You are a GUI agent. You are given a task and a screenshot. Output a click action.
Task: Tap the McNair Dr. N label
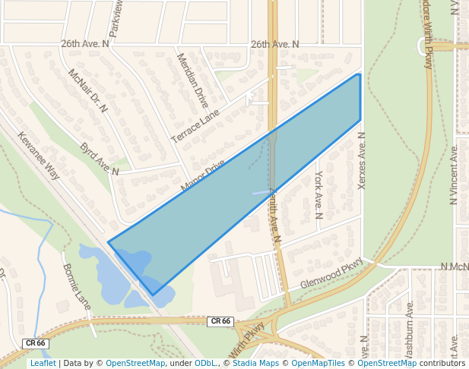[88, 91]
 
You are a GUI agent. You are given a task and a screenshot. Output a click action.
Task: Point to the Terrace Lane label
[195, 125]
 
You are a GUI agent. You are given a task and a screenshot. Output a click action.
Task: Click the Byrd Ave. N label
[100, 159]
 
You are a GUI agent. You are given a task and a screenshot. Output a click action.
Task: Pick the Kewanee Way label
[39, 155]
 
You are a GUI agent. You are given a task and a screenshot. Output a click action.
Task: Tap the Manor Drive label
[203, 175]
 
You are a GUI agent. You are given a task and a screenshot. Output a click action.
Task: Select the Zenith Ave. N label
[274, 216]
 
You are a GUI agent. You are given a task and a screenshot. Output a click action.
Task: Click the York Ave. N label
[318, 195]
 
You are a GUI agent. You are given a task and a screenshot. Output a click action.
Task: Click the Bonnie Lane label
[77, 286]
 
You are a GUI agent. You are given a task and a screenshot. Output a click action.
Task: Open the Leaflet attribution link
[43, 363]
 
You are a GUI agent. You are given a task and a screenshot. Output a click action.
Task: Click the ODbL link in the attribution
[205, 363]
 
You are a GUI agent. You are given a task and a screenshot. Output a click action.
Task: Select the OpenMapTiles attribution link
[318, 363]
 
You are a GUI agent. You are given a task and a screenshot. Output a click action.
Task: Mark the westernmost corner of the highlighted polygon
[109, 242]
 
